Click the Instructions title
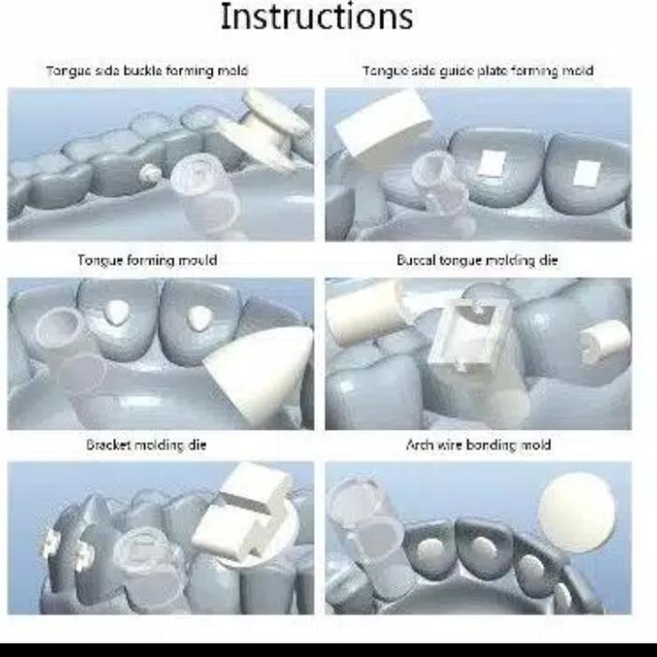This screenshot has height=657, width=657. (x=317, y=17)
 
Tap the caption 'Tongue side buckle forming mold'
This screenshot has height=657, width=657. (x=147, y=70)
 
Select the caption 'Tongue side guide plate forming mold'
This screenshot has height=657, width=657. (x=478, y=70)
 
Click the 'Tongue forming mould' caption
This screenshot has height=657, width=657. (x=147, y=260)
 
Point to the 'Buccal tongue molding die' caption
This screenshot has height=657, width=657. (x=477, y=260)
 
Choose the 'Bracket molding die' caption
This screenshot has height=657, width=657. (x=146, y=445)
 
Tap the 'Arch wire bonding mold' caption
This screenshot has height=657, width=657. (x=478, y=445)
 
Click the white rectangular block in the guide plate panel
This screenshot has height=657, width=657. (x=383, y=124)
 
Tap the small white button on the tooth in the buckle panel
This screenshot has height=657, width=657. (x=149, y=173)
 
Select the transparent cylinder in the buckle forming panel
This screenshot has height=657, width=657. (x=206, y=192)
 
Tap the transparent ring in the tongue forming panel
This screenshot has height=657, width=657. (x=58, y=328)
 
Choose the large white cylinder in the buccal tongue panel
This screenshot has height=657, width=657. (x=364, y=313)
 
